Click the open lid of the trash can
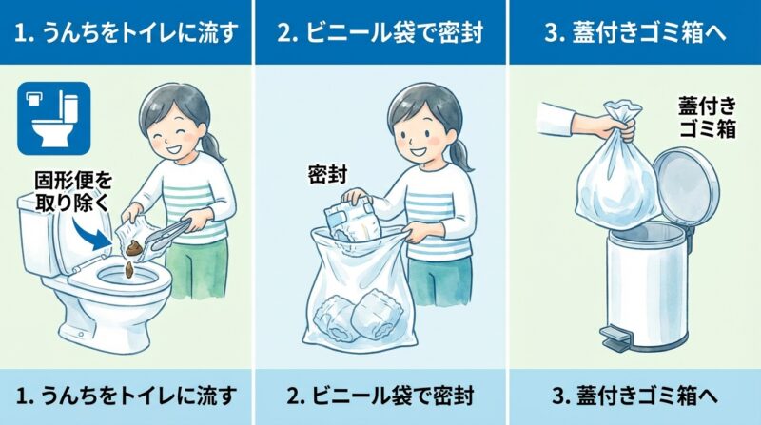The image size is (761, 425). click(682, 184)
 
